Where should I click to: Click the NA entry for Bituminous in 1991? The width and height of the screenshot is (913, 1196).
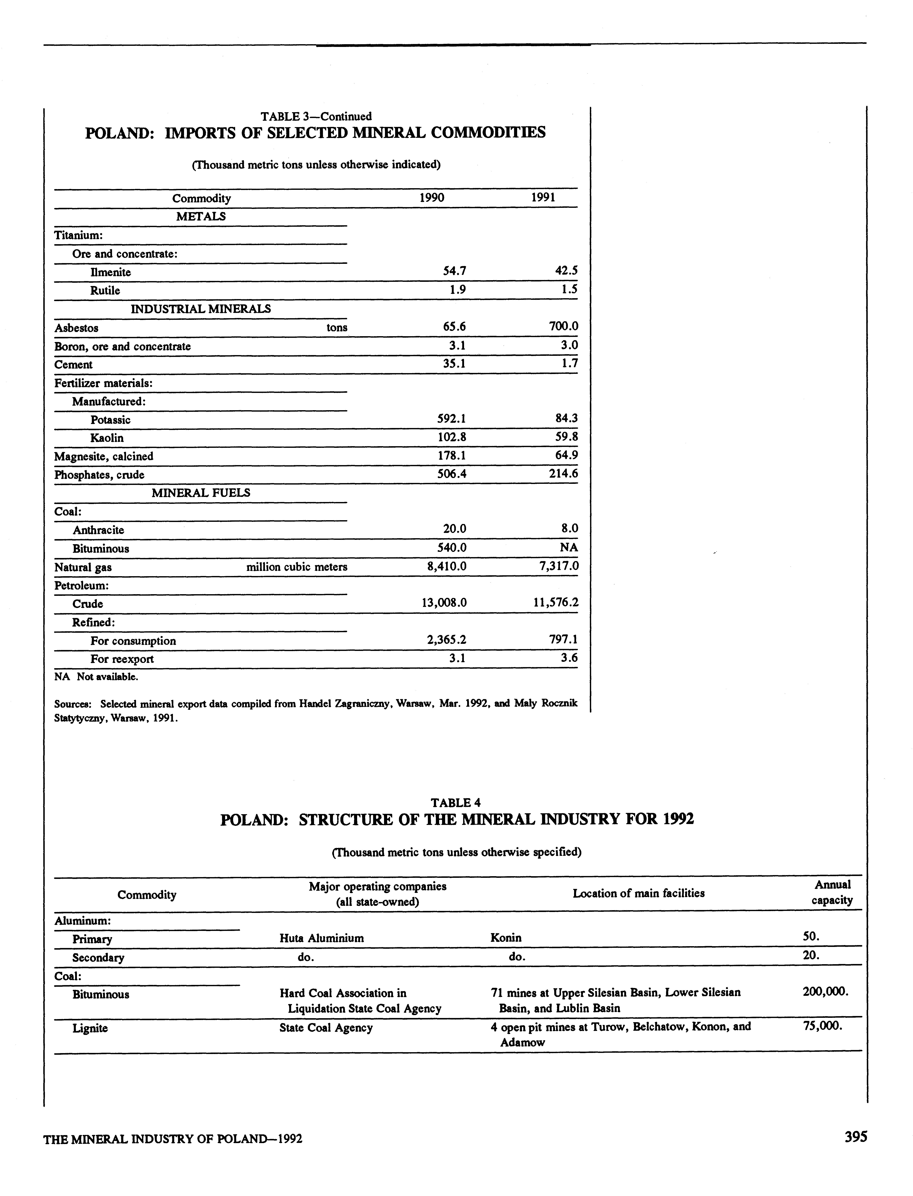pos(568,547)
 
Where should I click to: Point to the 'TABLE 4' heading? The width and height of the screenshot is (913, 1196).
pos(455,803)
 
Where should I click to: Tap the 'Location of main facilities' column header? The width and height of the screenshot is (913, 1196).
pos(639,893)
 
